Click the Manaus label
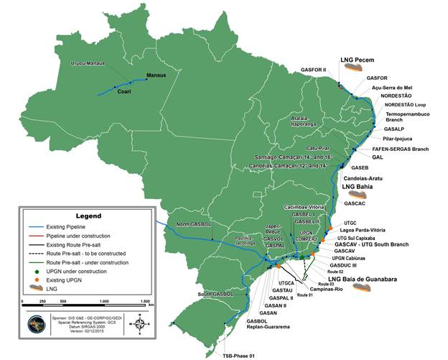(x=156, y=75)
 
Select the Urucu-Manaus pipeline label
(x=88, y=63)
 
